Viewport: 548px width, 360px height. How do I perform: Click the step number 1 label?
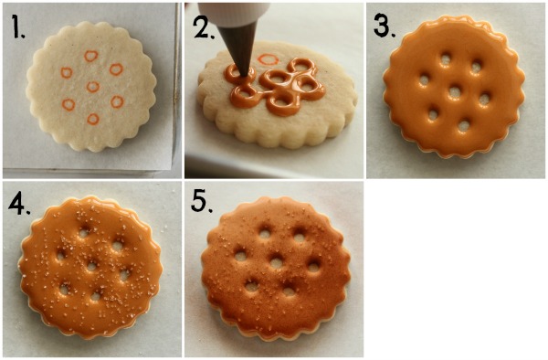tap(18, 26)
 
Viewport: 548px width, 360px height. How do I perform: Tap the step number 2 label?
tap(204, 26)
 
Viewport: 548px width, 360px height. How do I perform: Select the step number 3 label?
tap(385, 26)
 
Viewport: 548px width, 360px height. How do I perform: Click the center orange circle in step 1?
tap(92, 86)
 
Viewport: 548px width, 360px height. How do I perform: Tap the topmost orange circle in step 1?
tap(91, 56)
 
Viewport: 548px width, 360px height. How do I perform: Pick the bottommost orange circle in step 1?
tap(93, 119)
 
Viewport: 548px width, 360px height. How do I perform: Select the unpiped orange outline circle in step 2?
tap(268, 59)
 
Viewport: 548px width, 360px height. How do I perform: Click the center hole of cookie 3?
tap(455, 92)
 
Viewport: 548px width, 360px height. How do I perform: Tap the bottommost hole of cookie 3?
tap(464, 126)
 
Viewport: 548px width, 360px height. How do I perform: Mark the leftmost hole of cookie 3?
tap(425, 80)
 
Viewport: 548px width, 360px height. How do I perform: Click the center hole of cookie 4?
tap(91, 267)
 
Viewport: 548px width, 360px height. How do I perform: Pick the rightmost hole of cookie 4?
tap(125, 275)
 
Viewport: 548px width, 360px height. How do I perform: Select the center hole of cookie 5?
tap(276, 263)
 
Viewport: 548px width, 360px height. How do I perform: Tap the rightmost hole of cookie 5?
tap(313, 267)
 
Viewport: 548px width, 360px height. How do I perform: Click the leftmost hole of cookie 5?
tap(240, 256)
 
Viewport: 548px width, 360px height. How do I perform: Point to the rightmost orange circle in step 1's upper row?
tap(116, 69)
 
